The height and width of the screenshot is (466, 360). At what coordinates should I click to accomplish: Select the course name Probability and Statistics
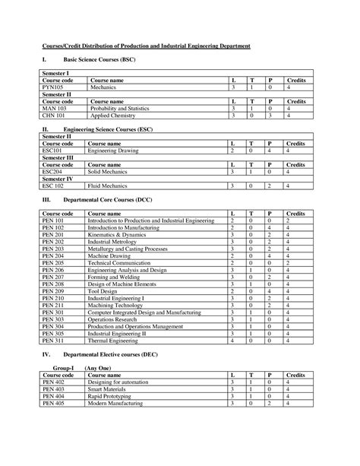(118, 109)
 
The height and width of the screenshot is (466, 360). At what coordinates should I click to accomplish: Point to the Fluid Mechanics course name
(108, 185)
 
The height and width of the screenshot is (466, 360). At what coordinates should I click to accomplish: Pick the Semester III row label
(57, 157)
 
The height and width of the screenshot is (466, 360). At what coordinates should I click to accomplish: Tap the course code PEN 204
(53, 256)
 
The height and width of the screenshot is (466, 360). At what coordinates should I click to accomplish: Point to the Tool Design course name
(104, 291)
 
